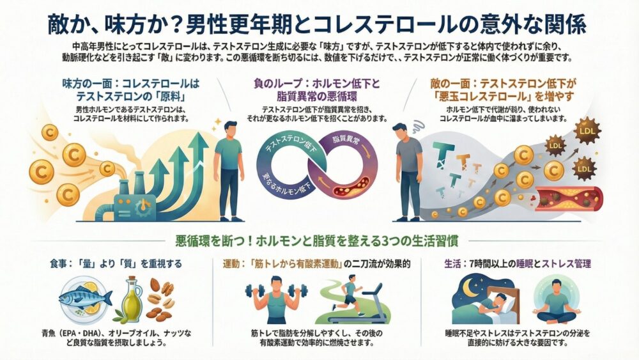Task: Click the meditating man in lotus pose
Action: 557,301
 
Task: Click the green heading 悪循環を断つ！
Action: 319,242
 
